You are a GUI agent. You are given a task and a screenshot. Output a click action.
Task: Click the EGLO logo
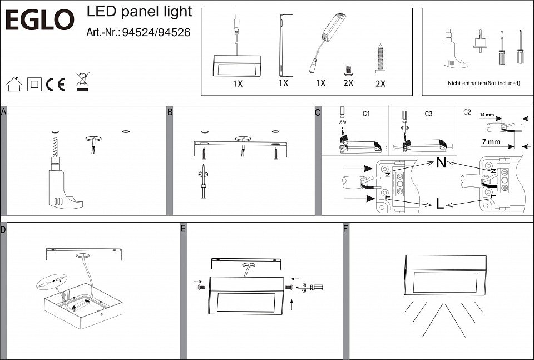click(x=39, y=21)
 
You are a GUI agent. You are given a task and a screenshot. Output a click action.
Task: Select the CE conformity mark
click(x=56, y=85)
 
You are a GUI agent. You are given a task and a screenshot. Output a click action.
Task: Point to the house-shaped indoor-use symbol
click(x=13, y=84)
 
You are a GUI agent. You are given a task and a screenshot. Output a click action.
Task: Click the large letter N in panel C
click(x=441, y=163)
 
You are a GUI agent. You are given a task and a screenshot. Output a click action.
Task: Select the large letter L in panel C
click(x=440, y=204)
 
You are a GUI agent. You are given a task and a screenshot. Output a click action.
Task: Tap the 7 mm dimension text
click(x=491, y=142)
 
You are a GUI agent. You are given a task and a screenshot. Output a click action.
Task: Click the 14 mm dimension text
click(x=486, y=115)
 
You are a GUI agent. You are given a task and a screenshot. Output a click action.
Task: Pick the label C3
click(x=428, y=114)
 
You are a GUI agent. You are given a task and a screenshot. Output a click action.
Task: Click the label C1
click(x=366, y=114)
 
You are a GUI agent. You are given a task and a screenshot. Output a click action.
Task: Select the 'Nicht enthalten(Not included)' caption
click(x=483, y=83)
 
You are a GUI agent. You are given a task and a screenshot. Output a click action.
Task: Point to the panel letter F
click(x=345, y=229)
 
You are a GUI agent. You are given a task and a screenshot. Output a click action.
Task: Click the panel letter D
click(x=3, y=229)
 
